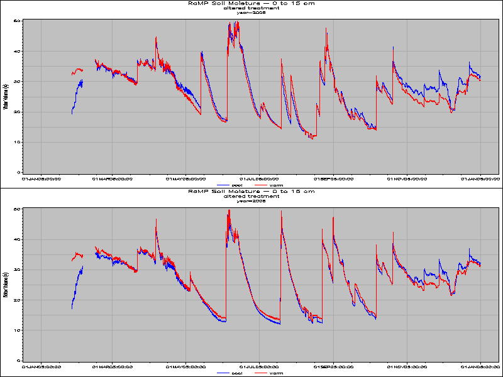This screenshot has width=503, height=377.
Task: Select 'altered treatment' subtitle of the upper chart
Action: [x=251, y=8]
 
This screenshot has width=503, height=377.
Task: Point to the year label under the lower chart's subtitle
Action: [x=251, y=201]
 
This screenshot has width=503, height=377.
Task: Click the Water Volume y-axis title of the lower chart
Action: [x=5, y=285]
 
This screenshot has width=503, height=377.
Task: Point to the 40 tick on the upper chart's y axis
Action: [x=19, y=51]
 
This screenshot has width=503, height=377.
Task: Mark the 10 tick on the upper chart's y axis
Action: [x=19, y=142]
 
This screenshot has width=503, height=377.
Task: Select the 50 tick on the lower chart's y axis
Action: [x=19, y=209]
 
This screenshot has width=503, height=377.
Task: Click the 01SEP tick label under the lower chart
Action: [x=334, y=366]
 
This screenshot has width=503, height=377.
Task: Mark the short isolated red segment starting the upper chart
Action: [x=77, y=71]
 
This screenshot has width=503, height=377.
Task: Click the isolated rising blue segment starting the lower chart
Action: [x=77, y=286]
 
